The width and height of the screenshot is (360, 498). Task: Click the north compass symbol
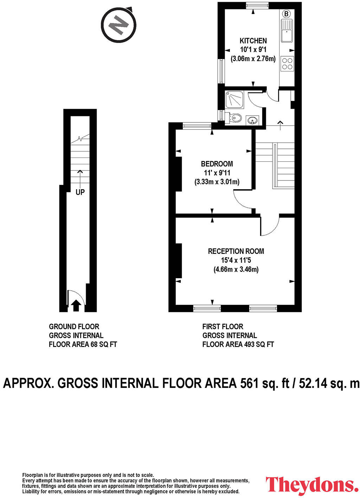coord(118,25)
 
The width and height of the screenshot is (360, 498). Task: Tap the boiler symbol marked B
coord(287,14)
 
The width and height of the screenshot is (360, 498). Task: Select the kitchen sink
coord(287,31)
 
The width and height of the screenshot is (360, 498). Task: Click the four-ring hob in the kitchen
coord(287,64)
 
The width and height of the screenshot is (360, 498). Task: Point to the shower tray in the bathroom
coord(234,100)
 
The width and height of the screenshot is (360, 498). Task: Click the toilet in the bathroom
coord(233,118)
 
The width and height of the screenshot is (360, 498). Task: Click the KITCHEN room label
coord(253,41)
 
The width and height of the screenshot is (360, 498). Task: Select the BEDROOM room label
coord(217,164)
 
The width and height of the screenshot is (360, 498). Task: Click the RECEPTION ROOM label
coord(236,251)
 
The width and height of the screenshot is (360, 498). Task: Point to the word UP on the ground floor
coord(80,192)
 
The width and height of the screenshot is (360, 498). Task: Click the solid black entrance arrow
coord(76,305)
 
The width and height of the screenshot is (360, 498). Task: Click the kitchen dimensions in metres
coord(253,59)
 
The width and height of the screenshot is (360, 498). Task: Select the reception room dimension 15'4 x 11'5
coord(236,260)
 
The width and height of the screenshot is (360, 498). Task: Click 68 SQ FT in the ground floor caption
coord(104,344)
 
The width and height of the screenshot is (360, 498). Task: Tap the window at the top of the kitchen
coord(257,5)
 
